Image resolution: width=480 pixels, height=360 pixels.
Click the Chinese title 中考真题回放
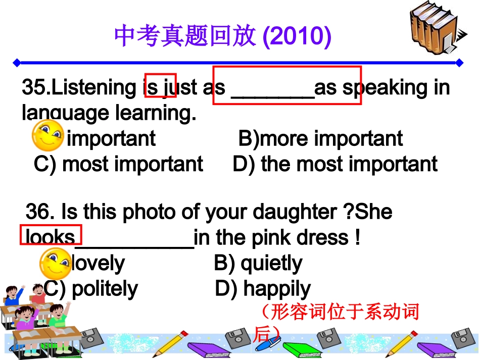(186, 36)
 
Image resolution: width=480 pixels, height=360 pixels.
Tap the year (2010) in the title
(297, 36)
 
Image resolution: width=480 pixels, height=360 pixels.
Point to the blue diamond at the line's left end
(17, 63)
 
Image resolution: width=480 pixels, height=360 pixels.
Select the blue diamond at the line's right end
(459, 63)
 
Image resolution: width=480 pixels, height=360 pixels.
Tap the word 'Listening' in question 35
(94, 88)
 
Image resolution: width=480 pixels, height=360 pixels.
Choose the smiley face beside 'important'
(47, 135)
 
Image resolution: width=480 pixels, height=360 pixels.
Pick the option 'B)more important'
(320, 138)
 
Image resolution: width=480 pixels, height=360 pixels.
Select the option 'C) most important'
(118, 164)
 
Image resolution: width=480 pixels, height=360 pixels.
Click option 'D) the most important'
(334, 164)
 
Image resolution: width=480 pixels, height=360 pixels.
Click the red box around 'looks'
(51, 234)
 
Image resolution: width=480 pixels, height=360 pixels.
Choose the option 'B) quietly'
(258, 263)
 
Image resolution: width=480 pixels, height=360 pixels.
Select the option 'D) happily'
(263, 289)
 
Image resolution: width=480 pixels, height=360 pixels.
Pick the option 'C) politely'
(91, 289)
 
